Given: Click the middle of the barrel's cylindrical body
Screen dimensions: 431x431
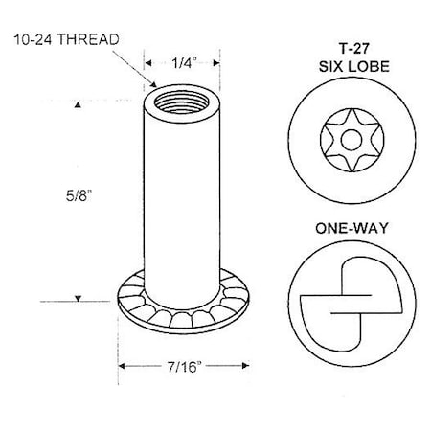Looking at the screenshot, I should [x=177, y=192].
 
